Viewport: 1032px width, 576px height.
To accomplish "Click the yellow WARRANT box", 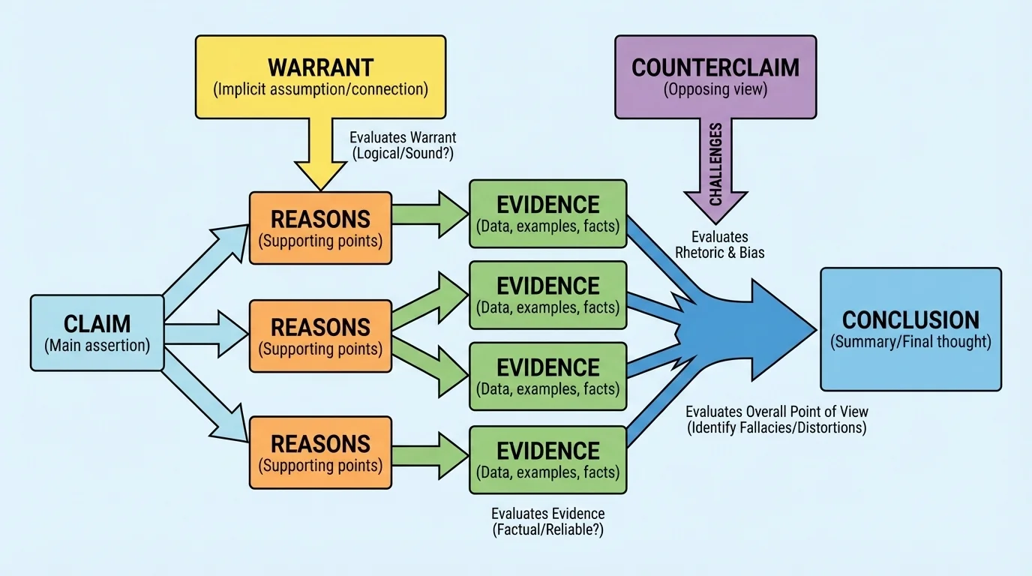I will (320, 76).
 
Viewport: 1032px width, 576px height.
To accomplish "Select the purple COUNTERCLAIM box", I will (715, 76).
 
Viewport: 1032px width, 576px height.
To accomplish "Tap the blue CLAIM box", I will (97, 333).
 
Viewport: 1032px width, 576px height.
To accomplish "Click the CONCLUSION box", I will (910, 329).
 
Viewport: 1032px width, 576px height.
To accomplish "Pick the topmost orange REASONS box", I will (320, 228).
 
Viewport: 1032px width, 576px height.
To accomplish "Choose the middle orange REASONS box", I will (320, 336).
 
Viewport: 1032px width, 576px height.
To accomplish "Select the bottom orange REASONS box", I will (320, 452).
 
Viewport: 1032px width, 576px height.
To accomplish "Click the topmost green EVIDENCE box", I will (548, 214).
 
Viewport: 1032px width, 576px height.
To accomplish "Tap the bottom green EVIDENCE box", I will (548, 459).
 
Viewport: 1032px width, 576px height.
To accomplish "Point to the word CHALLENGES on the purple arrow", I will (715, 164).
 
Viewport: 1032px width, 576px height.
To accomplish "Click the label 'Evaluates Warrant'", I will (403, 138).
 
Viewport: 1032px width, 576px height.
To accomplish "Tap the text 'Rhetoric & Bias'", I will (720, 253).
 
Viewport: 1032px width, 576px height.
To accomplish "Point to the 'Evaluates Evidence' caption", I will (547, 514).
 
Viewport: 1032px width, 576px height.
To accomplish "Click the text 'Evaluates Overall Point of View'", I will (777, 412).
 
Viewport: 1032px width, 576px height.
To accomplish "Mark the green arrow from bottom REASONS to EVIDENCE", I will (429, 452).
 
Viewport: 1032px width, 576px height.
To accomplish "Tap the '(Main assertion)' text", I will (97, 346).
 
